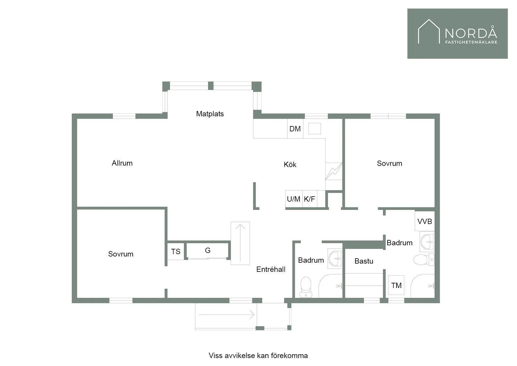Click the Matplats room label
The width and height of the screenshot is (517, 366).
[210, 114]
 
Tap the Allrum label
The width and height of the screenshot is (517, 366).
[122, 163]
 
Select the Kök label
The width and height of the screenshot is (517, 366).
[290, 165]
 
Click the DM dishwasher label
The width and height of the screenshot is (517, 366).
[295, 129]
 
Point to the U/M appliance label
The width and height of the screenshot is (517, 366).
[293, 199]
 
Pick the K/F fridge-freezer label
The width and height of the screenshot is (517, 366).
[309, 199]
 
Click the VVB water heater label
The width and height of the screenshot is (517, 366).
[425, 221]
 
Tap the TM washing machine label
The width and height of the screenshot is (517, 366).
[396, 285]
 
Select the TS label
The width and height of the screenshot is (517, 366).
[176, 251]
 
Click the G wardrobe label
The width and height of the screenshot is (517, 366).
[208, 251]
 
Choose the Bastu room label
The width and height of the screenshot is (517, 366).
[364, 261]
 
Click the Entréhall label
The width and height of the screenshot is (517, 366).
[271, 269]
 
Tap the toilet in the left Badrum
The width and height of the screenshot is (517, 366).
[306, 287]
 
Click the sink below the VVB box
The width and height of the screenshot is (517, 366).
[427, 242]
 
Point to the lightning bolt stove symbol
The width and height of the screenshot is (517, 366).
[334, 171]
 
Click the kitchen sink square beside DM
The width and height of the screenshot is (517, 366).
[315, 129]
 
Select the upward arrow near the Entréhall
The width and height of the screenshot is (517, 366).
[240, 243]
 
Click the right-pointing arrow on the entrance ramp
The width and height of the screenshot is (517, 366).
[227, 315]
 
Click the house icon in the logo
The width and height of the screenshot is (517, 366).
[429, 31]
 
